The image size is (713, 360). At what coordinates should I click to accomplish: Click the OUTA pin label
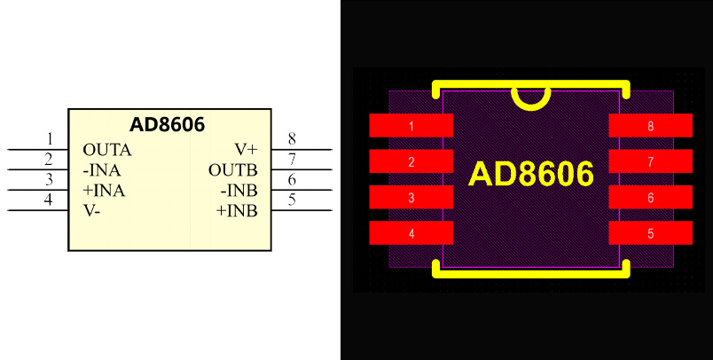(106, 150)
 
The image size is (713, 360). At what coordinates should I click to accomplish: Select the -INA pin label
(102, 170)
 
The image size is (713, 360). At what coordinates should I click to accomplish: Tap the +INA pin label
(104, 191)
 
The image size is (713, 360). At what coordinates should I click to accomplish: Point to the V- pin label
(91, 211)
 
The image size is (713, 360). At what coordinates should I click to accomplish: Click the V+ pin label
(246, 149)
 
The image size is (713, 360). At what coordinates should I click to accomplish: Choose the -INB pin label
(239, 190)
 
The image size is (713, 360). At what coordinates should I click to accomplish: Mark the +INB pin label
(237, 211)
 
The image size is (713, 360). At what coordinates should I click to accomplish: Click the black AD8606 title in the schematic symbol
(168, 125)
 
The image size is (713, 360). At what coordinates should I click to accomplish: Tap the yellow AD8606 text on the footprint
(530, 175)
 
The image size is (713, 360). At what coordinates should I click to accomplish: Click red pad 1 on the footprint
(411, 126)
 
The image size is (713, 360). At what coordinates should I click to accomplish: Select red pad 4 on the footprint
(411, 234)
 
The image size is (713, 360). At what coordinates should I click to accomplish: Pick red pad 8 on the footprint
(650, 126)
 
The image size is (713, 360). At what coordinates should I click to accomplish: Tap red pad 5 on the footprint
(650, 234)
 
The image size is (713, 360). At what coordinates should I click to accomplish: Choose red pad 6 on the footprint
(650, 198)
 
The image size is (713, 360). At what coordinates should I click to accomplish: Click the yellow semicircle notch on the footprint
(531, 98)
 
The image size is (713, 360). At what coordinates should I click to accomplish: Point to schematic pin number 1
(50, 138)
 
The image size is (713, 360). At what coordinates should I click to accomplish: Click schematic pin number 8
(292, 138)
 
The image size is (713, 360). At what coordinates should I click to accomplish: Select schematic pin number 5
(292, 200)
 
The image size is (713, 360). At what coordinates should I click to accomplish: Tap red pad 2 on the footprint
(411, 162)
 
